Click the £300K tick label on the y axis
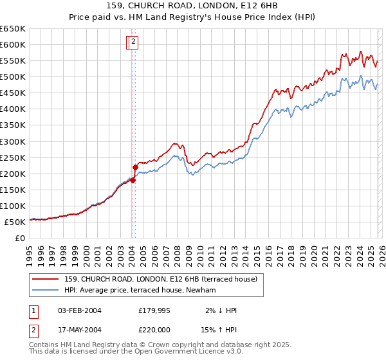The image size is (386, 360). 12,141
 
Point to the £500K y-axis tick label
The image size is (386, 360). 12,77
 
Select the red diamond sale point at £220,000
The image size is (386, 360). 136,167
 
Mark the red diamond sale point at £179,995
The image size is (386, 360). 133,180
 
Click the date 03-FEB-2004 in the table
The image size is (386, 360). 79,310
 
